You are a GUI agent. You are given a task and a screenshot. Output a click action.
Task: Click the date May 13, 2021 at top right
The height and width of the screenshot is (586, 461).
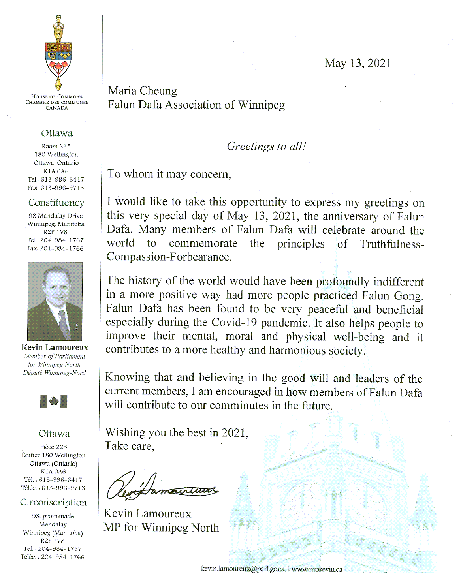(x=358, y=63)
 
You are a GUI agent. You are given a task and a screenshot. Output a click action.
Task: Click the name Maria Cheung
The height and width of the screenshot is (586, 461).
(x=143, y=91)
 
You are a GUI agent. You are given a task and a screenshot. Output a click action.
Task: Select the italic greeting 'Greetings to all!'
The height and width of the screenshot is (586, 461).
(x=266, y=146)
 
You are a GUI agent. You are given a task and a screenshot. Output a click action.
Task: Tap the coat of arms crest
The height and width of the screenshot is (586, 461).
(x=58, y=53)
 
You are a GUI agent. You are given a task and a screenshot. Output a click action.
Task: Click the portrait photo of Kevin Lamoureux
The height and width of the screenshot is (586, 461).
(x=55, y=301)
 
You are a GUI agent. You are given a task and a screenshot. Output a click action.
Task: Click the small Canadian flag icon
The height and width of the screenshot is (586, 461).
(x=54, y=402)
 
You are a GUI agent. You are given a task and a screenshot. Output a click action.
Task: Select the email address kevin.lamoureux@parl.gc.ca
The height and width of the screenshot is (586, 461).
(x=243, y=569)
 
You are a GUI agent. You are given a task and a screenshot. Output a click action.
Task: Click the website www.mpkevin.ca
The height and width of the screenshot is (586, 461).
(x=317, y=569)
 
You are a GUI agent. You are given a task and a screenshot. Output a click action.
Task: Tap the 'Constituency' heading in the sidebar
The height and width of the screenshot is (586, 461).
(x=56, y=203)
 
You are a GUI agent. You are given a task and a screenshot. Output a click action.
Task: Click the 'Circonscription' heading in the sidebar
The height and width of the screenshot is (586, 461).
(x=54, y=502)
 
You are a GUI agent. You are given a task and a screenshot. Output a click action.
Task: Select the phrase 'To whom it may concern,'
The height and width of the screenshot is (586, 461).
(x=169, y=174)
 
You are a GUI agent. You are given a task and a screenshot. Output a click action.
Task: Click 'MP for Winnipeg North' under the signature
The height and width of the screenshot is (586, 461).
(x=161, y=528)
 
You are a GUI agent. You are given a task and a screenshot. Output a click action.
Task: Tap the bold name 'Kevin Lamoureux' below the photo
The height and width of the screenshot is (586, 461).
(x=55, y=347)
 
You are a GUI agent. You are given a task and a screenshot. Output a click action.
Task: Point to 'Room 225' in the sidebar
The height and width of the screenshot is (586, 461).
(x=56, y=146)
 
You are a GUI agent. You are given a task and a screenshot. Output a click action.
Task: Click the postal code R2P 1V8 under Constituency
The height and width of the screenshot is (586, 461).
(x=55, y=232)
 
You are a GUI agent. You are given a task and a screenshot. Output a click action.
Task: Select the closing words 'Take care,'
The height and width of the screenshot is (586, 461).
(x=129, y=446)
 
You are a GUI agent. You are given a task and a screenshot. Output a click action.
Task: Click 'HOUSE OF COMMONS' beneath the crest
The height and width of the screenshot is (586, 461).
(x=57, y=96)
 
